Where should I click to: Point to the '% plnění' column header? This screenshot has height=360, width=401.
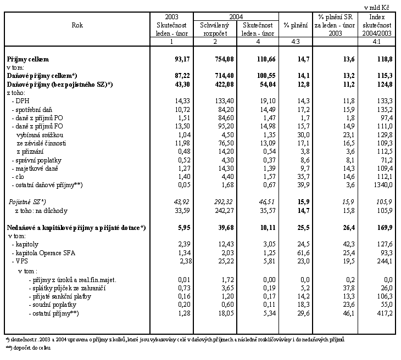tap(295, 25)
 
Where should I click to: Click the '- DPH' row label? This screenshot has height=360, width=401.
tap(20, 101)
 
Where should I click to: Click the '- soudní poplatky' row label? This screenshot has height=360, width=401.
tap(53, 305)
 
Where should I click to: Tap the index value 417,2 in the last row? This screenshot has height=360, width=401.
tap(379, 313)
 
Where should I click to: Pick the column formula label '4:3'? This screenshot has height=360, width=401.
tap(295, 42)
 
